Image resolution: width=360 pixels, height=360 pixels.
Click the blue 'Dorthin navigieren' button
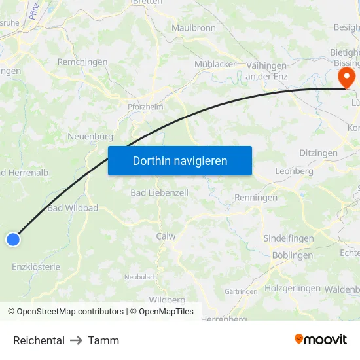click(x=180, y=160)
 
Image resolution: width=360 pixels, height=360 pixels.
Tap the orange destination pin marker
click(x=345, y=78)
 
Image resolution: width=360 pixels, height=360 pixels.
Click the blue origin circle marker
click(x=12, y=240)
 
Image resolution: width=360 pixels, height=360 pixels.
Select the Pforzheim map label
click(x=145, y=105)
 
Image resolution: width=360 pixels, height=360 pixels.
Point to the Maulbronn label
click(x=194, y=28)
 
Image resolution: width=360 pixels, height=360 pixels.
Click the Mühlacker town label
click(x=215, y=64)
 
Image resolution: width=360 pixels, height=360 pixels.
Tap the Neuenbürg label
click(x=90, y=137)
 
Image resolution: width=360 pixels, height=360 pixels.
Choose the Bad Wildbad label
click(x=73, y=208)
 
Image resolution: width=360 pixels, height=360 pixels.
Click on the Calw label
click(x=166, y=236)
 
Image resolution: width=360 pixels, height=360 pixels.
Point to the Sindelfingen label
click(x=288, y=239)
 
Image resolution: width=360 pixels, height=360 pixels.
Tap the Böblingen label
click(x=292, y=255)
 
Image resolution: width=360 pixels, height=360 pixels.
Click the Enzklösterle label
click(x=36, y=266)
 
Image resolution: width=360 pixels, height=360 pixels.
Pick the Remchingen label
click(x=82, y=62)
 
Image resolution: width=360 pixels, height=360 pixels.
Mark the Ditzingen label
click(x=318, y=153)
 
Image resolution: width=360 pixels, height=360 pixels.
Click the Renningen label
click(x=256, y=197)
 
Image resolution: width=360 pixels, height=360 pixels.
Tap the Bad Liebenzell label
click(x=159, y=192)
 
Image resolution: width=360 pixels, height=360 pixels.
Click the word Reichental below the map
click(x=39, y=340)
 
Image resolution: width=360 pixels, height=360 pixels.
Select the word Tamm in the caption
click(x=103, y=340)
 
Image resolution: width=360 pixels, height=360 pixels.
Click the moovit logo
click(x=321, y=339)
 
